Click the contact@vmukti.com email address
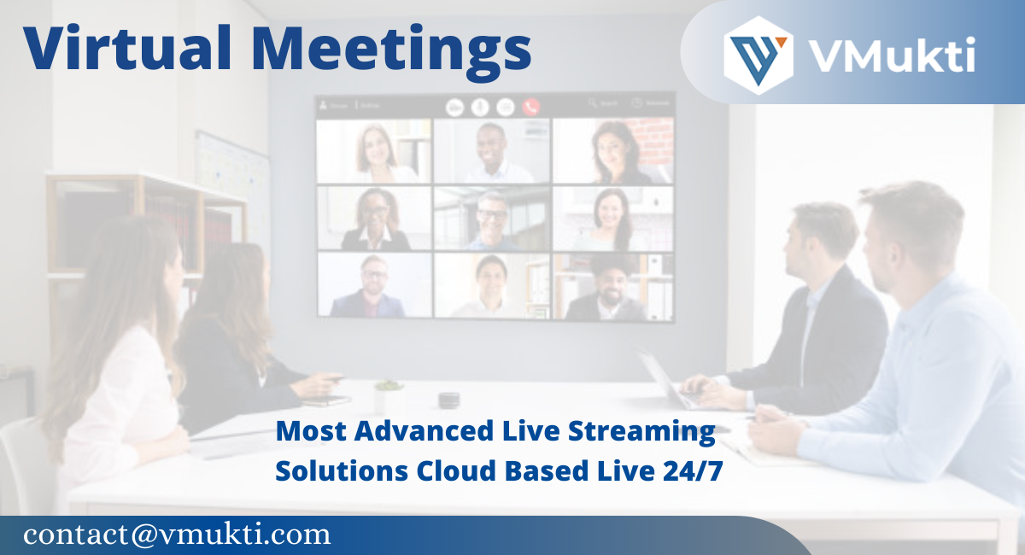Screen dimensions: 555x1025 (x=177, y=535)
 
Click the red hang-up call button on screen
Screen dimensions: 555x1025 (x=531, y=107)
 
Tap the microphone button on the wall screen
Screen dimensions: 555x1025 (x=480, y=107)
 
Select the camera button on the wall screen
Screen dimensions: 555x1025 (x=455, y=107)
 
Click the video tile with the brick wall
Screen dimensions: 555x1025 (x=612, y=150)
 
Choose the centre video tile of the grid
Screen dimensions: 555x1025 (x=492, y=219)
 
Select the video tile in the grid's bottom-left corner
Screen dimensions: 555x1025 (x=374, y=285)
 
